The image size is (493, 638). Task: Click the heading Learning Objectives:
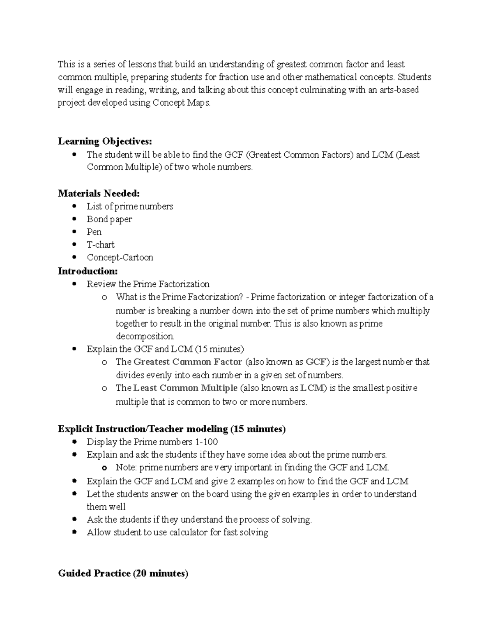105,142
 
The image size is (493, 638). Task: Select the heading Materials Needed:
99,193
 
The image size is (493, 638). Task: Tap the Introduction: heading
88,271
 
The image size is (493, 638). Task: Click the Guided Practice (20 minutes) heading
123,574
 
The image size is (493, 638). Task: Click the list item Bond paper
109,219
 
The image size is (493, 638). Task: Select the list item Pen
94,232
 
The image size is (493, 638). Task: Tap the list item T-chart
100,245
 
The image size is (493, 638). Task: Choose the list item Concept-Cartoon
120,258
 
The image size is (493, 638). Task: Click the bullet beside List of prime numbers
74,206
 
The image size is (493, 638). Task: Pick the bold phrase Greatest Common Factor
188,362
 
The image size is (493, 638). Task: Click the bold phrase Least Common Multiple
185,388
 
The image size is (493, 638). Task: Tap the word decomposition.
145,336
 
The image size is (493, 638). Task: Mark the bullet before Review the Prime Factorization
74,283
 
